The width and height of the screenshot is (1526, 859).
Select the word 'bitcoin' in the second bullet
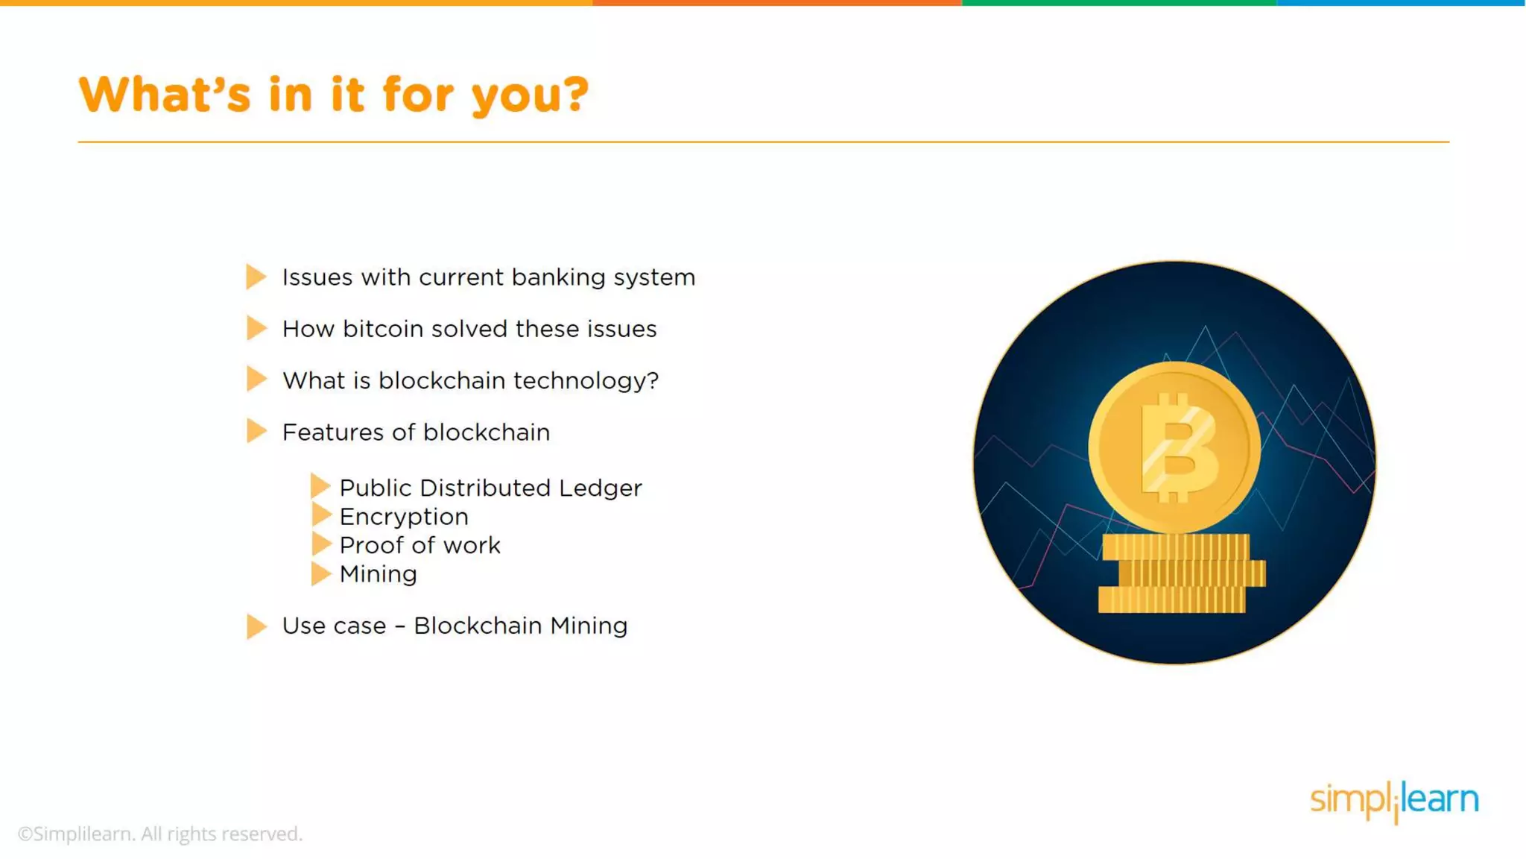pyautogui.click(x=382, y=329)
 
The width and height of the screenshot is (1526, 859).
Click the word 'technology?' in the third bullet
pyautogui.click(x=586, y=381)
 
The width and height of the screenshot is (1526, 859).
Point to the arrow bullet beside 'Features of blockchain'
pyautogui.click(x=256, y=431)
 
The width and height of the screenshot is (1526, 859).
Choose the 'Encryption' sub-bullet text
pyautogui.click(x=404, y=517)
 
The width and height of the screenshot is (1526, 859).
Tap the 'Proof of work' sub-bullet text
pyautogui.click(x=420, y=545)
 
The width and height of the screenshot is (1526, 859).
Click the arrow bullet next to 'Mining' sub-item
pyautogui.click(x=320, y=573)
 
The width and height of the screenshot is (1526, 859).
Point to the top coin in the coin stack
pyautogui.click(x=1176, y=547)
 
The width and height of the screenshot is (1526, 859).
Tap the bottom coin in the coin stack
pyautogui.click(x=1171, y=600)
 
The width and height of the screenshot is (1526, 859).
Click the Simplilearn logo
pyautogui.click(x=1393, y=800)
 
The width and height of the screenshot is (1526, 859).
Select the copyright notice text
pyautogui.click(x=160, y=834)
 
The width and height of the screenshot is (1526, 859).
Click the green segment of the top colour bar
pyautogui.click(x=1118, y=3)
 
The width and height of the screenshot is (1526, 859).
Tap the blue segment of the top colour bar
pyautogui.click(x=1401, y=3)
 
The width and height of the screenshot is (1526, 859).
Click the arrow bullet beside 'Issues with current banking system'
pyautogui.click(x=256, y=277)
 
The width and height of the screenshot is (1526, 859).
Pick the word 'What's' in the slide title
pyautogui.click(x=165, y=95)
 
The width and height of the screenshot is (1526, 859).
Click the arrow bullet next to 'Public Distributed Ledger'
pyautogui.click(x=320, y=486)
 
